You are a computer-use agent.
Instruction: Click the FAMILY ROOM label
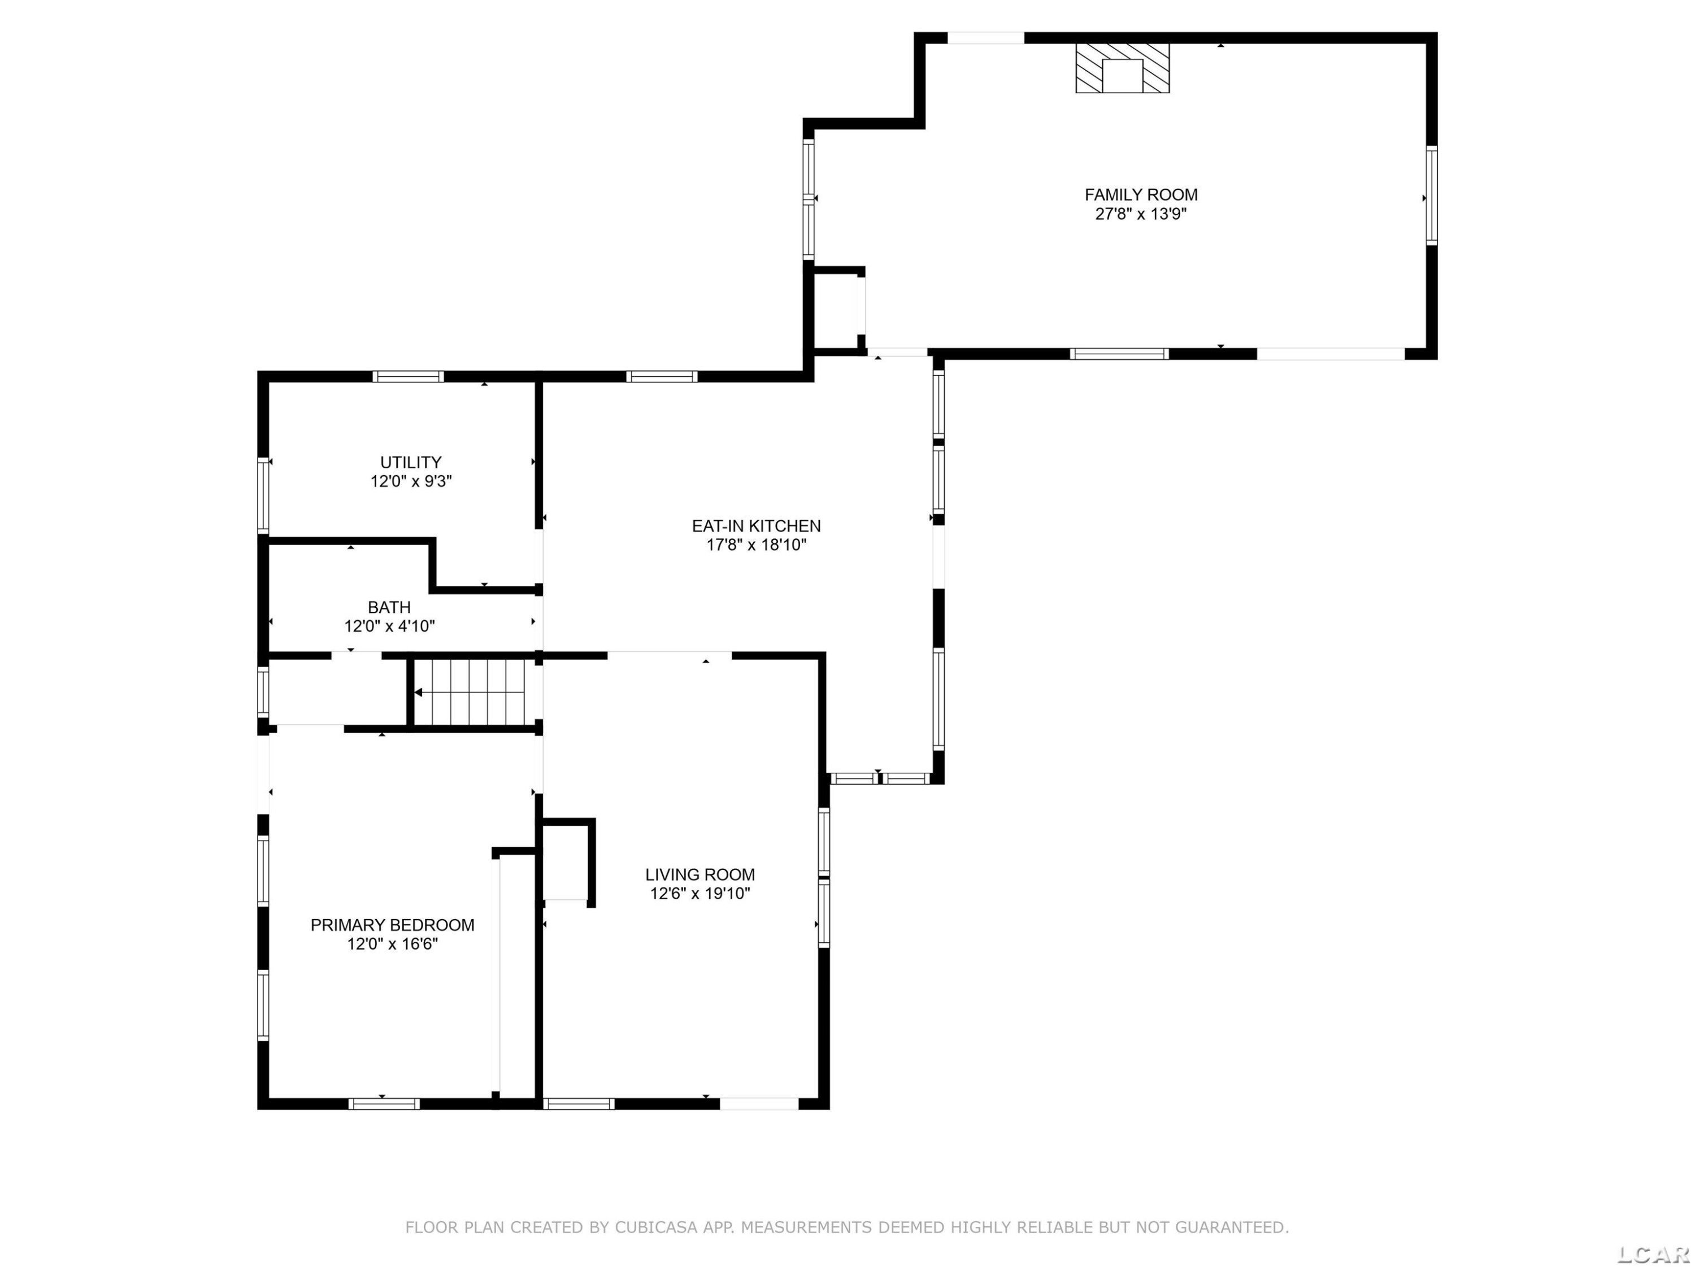(1141, 194)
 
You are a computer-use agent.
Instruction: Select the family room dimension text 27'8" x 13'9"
(1141, 214)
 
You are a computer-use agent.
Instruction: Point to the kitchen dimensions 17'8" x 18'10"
(757, 545)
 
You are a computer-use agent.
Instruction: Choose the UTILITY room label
(411, 462)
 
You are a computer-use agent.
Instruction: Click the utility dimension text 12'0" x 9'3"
(411, 481)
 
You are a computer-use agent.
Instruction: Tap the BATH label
(389, 607)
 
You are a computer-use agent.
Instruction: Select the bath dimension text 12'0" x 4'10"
(389, 626)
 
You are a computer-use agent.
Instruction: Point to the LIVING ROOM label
(699, 874)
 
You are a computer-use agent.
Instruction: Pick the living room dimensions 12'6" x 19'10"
(699, 893)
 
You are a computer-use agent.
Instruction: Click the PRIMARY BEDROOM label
(392, 925)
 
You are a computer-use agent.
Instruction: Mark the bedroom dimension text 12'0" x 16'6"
(392, 944)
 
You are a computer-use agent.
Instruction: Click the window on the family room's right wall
(1431, 195)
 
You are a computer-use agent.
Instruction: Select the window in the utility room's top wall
(408, 376)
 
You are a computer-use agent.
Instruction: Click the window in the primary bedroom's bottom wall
(384, 1104)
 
